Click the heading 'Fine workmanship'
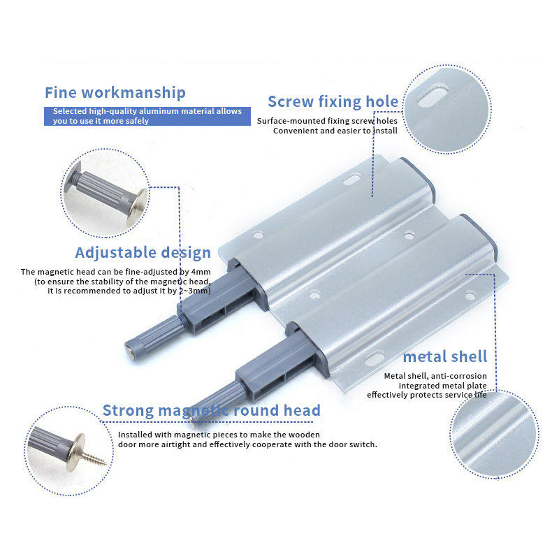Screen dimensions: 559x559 pos(115,93)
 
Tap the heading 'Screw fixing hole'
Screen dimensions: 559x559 pos(333,101)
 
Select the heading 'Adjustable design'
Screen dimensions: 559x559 pos(143,253)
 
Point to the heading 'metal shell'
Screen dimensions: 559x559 pos(445,356)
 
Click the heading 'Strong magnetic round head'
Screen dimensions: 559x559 pos(212,410)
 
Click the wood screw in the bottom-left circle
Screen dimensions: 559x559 pos(95,456)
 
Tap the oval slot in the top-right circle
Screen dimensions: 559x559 pos(433,96)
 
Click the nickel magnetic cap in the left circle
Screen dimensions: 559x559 pos(138,207)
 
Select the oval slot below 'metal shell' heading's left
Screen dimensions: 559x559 pos(375,359)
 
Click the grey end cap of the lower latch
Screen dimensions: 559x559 pos(479,234)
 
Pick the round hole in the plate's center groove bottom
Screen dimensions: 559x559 pos(314,294)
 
